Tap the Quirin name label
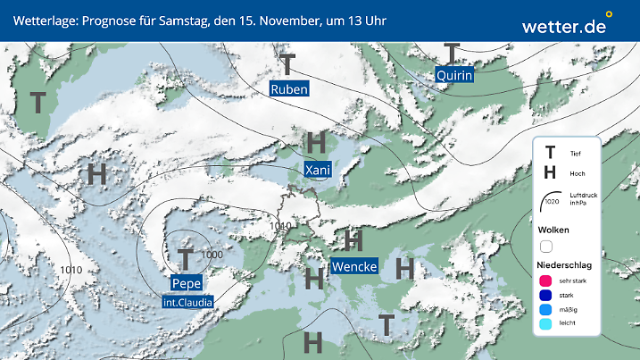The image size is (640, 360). pyautogui.click(x=453, y=76)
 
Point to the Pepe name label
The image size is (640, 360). pyautogui.click(x=186, y=283)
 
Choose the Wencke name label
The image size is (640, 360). pyautogui.click(x=353, y=266)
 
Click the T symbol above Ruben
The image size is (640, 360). pyautogui.click(x=287, y=64)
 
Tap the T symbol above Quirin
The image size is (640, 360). pyautogui.click(x=453, y=53)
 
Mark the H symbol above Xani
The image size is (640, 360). pyautogui.click(x=316, y=142)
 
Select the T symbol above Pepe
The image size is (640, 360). pyautogui.click(x=185, y=259)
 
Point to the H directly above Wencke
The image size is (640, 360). pyautogui.click(x=353, y=239)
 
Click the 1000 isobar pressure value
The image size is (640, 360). pyautogui.click(x=212, y=255)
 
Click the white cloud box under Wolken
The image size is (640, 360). pyautogui.click(x=546, y=246)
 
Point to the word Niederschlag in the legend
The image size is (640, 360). pyautogui.click(x=565, y=265)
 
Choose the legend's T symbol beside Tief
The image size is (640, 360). pyautogui.click(x=550, y=153)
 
